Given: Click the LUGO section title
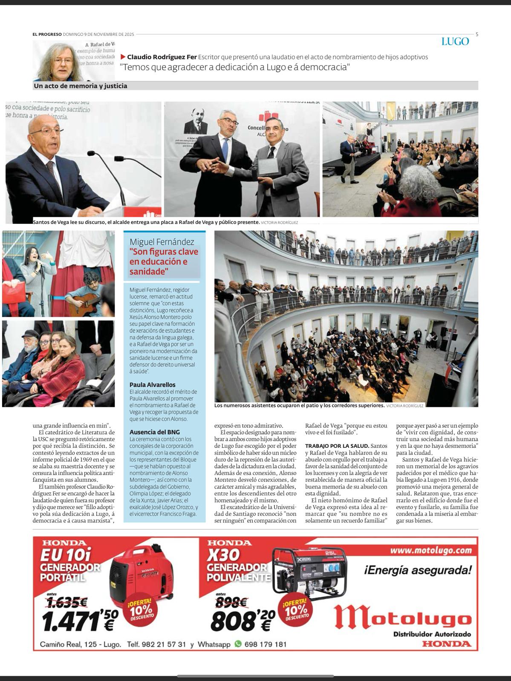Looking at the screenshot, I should coord(455,42).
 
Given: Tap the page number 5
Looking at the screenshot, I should coord(476,34).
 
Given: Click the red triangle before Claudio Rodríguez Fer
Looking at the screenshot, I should coord(123,57).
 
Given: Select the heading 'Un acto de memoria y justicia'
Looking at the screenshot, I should coord(81,86).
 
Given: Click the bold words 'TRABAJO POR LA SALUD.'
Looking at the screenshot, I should coord(337,446).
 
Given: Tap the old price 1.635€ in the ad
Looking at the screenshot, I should coord(67,602).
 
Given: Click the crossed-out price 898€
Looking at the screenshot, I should coord(232,602).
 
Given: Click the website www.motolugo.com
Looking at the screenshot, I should coord(431,550).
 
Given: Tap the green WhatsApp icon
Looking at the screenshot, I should coord(238,644).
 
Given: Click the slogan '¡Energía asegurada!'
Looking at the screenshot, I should coord(418,569).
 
